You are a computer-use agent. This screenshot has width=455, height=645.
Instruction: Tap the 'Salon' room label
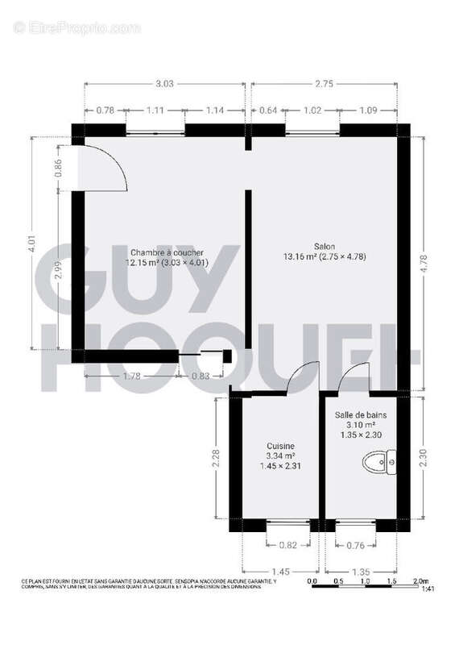325,247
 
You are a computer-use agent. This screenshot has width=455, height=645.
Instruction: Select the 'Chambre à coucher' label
168,252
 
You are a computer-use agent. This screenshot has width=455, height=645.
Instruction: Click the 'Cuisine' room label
281,446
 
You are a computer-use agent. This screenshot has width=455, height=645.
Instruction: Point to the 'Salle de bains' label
361,414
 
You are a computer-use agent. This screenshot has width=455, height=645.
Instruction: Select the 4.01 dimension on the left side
31,245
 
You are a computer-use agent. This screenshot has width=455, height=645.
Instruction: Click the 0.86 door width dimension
58,168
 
